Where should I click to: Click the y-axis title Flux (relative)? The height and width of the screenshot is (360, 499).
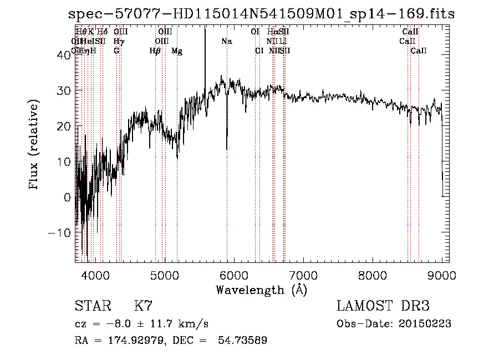[x=34, y=145]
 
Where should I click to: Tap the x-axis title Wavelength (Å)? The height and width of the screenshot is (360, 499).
[x=261, y=290]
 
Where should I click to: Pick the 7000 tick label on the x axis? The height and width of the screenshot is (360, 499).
[x=303, y=275]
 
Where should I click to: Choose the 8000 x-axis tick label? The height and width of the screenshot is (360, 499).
[x=373, y=275]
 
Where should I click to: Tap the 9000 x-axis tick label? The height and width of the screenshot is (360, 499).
[x=442, y=275]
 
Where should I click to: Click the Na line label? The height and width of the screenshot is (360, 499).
[x=226, y=42]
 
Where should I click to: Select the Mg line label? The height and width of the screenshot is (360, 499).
[x=177, y=51]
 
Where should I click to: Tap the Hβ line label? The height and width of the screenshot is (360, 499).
[x=155, y=51]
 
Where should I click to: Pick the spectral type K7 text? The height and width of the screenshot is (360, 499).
[x=143, y=306]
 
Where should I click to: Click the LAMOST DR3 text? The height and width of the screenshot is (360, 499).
[x=383, y=306]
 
